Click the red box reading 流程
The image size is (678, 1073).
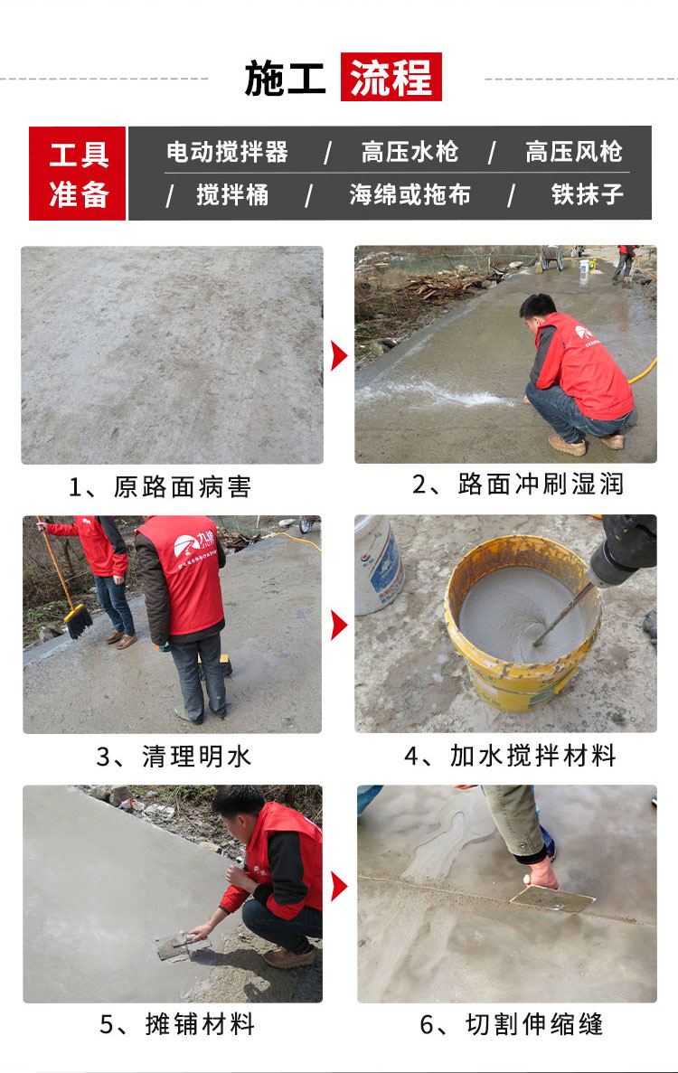click(391, 77)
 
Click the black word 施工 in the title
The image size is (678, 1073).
click(286, 78)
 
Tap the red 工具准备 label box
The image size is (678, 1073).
click(78, 174)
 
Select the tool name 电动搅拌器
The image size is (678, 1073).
click(227, 152)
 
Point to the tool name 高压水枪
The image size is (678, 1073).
click(410, 152)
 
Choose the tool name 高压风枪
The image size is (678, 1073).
click(574, 152)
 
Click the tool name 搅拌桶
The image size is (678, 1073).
click(232, 195)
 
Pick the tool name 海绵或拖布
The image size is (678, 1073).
click(410, 195)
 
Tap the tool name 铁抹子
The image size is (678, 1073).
click(587, 195)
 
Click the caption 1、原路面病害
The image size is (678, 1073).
click(160, 487)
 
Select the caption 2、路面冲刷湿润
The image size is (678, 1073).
click(518, 485)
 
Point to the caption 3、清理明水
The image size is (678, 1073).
click(174, 757)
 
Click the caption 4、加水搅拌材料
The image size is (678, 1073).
click(511, 757)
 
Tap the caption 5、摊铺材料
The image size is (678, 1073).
click(177, 1024)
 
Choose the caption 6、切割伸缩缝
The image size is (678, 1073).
click(512, 1024)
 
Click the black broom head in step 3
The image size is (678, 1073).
click(80, 622)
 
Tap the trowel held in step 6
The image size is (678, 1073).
click(553, 898)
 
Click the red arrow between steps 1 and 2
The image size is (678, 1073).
click(339, 356)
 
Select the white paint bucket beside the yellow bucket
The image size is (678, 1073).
click(379, 565)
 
